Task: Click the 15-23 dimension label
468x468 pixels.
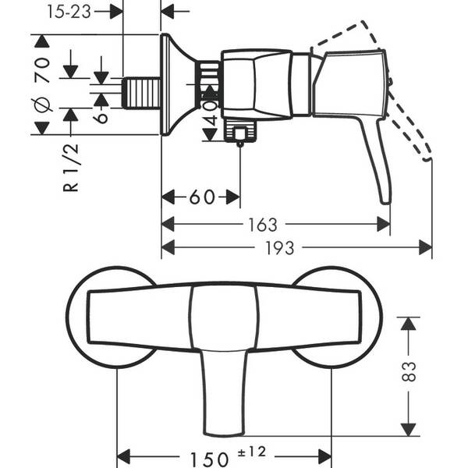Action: [69, 12]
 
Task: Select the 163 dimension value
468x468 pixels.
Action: [263, 225]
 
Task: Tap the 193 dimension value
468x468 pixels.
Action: [280, 248]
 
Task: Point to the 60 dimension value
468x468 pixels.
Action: [202, 197]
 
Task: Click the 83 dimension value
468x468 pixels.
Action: [409, 371]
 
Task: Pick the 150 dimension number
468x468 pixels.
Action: [209, 459]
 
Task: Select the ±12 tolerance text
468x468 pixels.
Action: [252, 452]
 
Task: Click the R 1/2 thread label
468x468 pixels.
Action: [71, 168]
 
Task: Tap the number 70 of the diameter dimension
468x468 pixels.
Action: [42, 70]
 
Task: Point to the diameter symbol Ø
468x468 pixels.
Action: [42, 105]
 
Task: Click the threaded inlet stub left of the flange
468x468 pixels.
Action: [141, 93]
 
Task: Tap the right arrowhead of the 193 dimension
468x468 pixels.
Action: [425, 247]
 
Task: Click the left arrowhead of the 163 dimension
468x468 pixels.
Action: [168, 224]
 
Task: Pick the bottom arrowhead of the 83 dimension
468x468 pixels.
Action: [408, 430]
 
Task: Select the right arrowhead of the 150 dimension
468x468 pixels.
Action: [325, 456]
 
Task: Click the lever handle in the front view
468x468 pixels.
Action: [224, 391]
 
